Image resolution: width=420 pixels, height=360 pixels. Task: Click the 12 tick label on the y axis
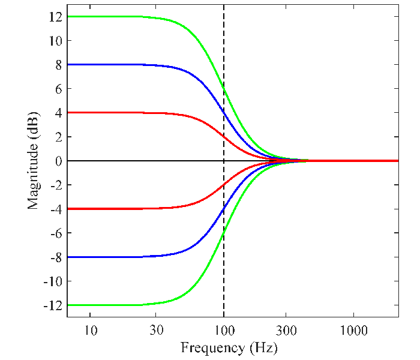point(56,17)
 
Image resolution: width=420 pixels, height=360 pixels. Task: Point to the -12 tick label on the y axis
point(54,305)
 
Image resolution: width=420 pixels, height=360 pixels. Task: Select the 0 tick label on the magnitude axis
point(59,161)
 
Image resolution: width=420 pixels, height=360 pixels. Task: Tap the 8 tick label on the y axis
point(59,65)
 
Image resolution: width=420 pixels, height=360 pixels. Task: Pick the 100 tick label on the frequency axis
point(224,330)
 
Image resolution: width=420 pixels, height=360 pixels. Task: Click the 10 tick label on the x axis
point(91,330)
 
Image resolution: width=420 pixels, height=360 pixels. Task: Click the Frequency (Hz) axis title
point(229,347)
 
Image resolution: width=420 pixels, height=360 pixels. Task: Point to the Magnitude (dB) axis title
point(34,160)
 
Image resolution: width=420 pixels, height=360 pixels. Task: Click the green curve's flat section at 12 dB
point(108,16)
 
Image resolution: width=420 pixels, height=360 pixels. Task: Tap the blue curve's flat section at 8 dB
point(108,64)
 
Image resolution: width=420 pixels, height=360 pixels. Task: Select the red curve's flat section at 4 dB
point(108,112)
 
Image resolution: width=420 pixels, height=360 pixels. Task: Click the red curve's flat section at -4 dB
point(108,208)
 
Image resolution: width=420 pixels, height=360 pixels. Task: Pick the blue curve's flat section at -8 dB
point(108,257)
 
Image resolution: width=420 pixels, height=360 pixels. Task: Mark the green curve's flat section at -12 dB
point(108,305)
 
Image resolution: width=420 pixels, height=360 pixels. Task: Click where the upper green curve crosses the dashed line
point(224,88)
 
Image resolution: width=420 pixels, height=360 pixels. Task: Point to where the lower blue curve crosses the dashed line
point(224,209)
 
